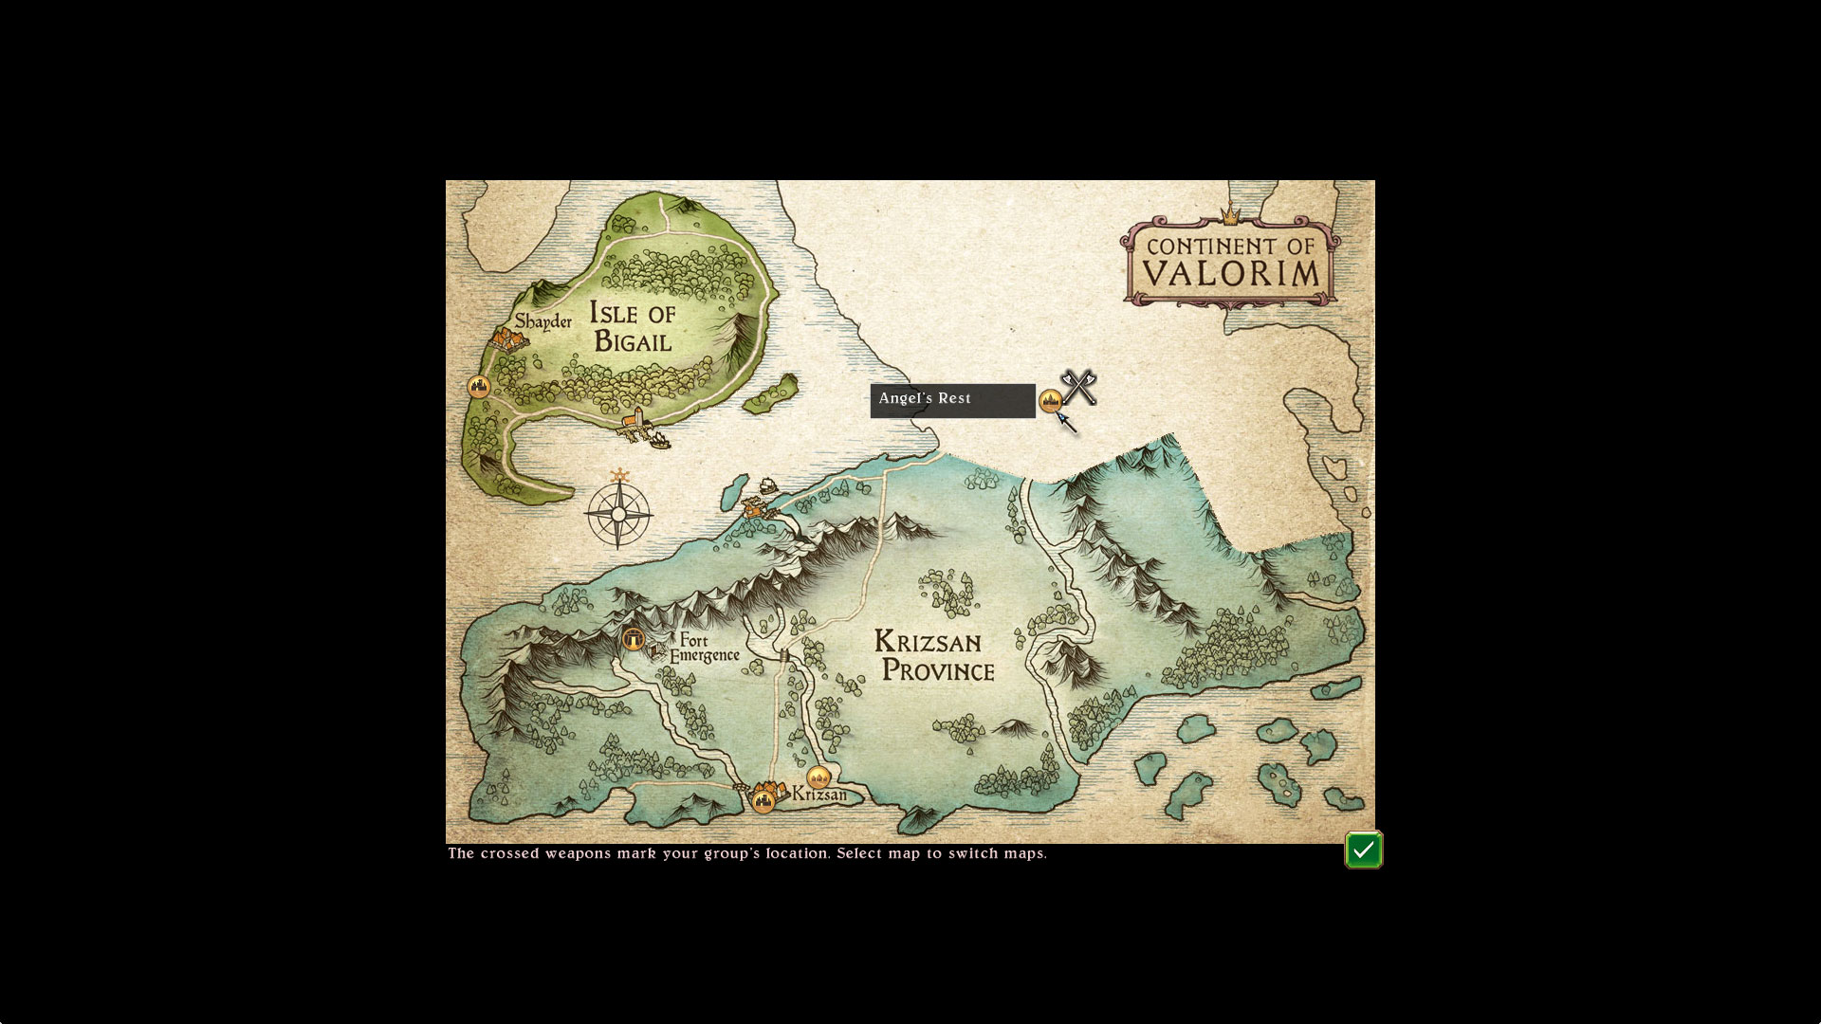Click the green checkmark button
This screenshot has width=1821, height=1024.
coord(1363,850)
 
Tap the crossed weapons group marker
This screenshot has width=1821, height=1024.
coord(1079,387)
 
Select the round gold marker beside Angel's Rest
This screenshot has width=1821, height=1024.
coord(1050,401)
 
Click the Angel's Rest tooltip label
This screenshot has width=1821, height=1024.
coord(952,400)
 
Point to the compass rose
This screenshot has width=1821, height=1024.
coord(618,514)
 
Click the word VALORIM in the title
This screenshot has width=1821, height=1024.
coord(1230,274)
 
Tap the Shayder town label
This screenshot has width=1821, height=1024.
coord(543,321)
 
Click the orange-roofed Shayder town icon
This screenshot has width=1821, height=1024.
coord(508,339)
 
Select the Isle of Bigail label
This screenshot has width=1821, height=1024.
coord(633,326)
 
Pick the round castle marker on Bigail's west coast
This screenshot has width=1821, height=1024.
coord(479,387)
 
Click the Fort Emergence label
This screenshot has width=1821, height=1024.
coord(704,649)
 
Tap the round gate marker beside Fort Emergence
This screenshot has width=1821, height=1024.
coord(634,639)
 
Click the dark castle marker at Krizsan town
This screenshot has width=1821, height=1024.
coord(763,802)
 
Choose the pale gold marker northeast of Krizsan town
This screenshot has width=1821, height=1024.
coord(819,777)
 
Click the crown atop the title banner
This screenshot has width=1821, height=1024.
coord(1230,215)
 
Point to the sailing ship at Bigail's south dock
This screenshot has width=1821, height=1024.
coord(655,438)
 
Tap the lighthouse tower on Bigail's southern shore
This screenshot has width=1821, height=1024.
coord(638,419)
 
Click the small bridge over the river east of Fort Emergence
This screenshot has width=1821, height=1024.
coord(784,655)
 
